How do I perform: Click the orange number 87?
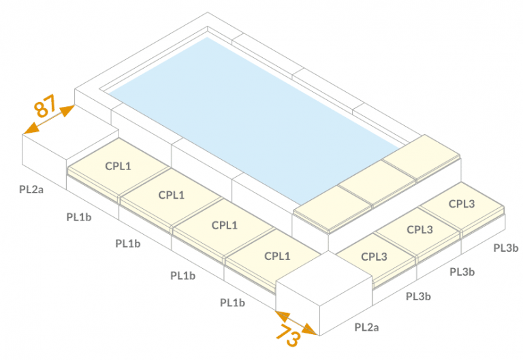coord(45,105)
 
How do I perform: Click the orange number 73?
coord(288,334)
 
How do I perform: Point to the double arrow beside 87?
coord(49,119)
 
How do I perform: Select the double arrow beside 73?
coord(296,323)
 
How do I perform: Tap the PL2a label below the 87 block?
coord(31,189)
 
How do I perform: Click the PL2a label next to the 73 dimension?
coord(366,327)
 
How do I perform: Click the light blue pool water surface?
coord(254,120)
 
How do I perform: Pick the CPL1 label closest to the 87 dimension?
coord(118,166)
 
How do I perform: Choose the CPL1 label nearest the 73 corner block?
coord(277,256)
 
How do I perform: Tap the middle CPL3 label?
coord(420,229)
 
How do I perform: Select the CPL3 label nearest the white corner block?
coord(375,257)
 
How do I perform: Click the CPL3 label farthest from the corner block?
coord(462,203)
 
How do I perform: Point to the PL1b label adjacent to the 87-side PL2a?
coord(79,217)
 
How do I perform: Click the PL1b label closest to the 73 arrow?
coord(232,303)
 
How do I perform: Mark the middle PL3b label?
coord(462,272)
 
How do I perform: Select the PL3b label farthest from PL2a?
coord(506,248)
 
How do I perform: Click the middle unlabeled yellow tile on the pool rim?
coord(377,182)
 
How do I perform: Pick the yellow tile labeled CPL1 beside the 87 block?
coord(118,166)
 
